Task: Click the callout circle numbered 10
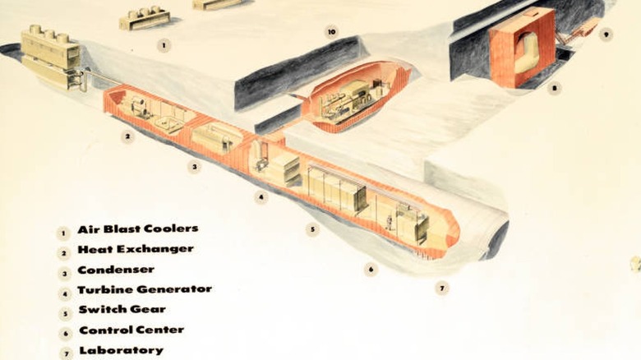(x=331, y=32)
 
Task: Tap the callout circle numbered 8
(x=555, y=88)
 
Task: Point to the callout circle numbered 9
(x=606, y=35)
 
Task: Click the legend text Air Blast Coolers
(x=138, y=228)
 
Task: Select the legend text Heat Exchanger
(x=136, y=249)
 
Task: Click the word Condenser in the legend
(x=116, y=270)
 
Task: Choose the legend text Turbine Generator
(x=145, y=289)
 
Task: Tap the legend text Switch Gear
(x=122, y=309)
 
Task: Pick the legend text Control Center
(x=131, y=330)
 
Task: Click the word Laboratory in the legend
(x=122, y=350)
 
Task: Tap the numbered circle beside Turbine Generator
(x=65, y=293)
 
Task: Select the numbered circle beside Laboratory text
(x=66, y=353)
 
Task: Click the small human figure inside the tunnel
(x=389, y=223)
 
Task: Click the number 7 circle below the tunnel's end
(x=442, y=288)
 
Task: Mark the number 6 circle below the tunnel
(x=371, y=270)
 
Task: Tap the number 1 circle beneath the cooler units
(x=164, y=45)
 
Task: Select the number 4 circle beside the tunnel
(x=261, y=197)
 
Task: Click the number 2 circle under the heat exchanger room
(x=127, y=136)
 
